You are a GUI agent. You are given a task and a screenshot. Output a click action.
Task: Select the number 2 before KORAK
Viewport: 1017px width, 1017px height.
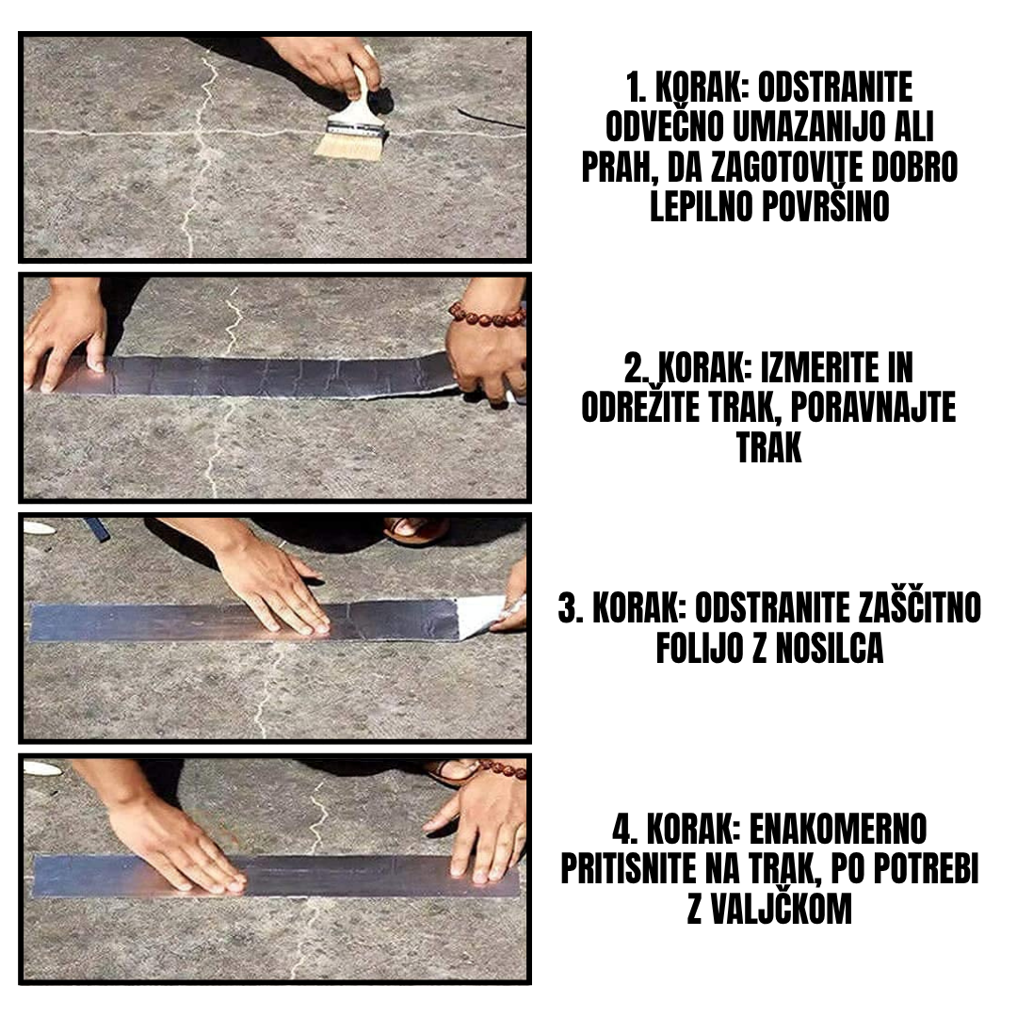tap(632, 369)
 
